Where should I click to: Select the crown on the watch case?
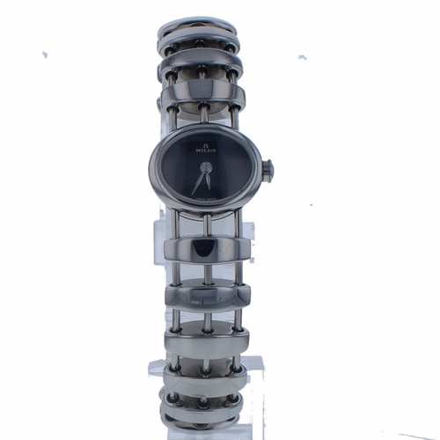pyautogui.click(x=268, y=167)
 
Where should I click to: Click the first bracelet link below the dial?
pyautogui.click(x=202, y=249)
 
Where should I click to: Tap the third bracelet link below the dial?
pyautogui.click(x=205, y=338)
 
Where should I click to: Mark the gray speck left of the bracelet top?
pyautogui.click(x=44, y=55)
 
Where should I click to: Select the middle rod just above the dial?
pyautogui.click(x=203, y=116)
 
